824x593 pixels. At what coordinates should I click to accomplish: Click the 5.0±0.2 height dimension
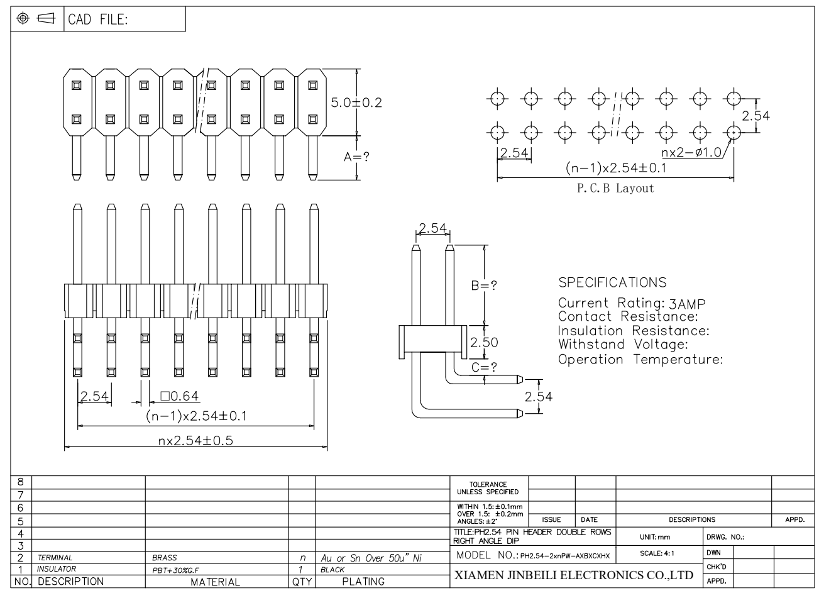(x=356, y=103)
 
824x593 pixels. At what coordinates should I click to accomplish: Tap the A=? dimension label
(x=356, y=157)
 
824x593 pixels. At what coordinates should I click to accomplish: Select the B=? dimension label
(x=484, y=285)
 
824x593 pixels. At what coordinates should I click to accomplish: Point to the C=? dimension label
(x=484, y=367)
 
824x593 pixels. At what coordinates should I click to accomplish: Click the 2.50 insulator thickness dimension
(x=484, y=343)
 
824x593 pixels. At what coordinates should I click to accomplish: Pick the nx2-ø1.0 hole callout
(x=691, y=152)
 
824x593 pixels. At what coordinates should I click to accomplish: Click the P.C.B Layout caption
(x=615, y=189)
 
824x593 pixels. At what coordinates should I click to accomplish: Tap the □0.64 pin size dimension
(x=180, y=396)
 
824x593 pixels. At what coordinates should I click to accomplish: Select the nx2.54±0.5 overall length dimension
(x=195, y=441)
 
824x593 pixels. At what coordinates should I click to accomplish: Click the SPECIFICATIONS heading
(x=612, y=283)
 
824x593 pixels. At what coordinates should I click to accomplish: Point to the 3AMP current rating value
(x=687, y=304)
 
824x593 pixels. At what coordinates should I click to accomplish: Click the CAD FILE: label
(x=98, y=19)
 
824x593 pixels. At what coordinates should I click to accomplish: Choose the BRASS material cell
(x=165, y=558)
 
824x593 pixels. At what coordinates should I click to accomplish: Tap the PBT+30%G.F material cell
(x=175, y=570)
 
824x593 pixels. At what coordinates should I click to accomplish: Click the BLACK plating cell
(x=332, y=570)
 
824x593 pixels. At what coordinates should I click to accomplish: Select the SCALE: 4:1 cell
(x=657, y=553)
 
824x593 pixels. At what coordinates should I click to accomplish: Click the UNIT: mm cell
(x=655, y=538)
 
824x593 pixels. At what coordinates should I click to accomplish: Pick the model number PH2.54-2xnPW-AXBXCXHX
(x=564, y=556)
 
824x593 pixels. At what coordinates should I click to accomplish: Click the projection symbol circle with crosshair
(x=23, y=18)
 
